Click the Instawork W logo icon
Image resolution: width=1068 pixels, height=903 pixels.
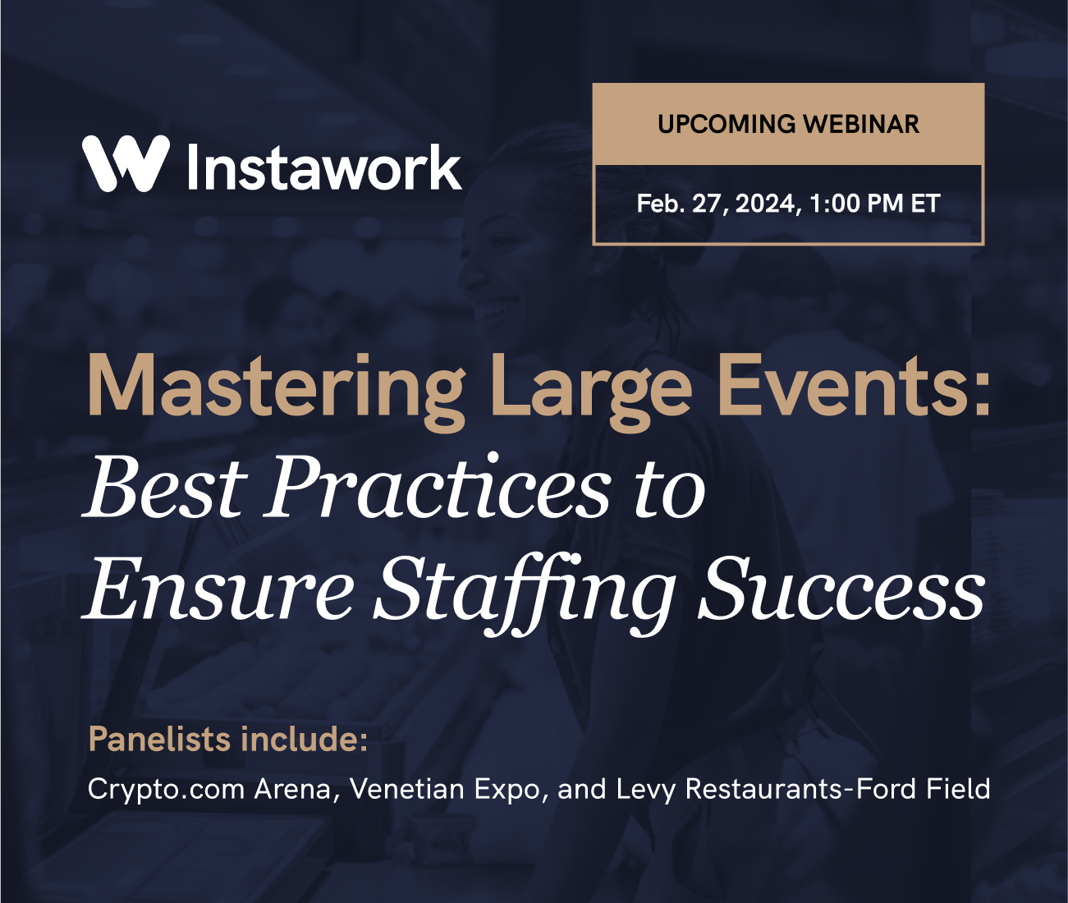pos(126,163)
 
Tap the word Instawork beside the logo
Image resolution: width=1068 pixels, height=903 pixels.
pos(324,167)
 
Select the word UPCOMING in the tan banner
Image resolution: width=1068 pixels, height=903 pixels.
pos(727,124)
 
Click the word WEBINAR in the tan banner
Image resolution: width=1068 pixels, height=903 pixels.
pos(861,124)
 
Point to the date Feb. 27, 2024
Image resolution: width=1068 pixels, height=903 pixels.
pos(717,204)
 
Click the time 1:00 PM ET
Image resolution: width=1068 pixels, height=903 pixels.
pos(874,204)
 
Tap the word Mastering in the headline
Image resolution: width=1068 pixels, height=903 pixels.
pos(276,387)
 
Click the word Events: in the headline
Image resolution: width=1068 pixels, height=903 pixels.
pos(854,387)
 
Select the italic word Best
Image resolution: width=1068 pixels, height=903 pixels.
pos(165,488)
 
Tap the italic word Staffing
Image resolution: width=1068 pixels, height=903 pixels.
pos(525,589)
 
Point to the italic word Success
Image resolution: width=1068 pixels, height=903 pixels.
pos(841,589)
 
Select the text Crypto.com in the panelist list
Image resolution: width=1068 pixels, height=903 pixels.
pos(167,789)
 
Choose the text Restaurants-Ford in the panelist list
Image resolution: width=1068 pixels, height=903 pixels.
pos(801,789)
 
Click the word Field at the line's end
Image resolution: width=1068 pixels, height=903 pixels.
pos(958,789)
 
